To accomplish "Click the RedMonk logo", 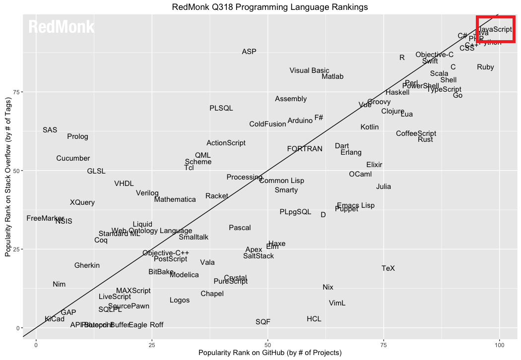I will (x=61, y=27).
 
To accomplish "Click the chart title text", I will (x=270, y=7).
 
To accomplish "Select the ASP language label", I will (x=249, y=52).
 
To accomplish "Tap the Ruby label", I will (x=485, y=67).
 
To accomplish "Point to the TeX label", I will (x=388, y=268).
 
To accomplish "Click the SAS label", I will (x=50, y=130).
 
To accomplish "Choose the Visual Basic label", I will (x=309, y=70).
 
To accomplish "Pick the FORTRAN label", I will (x=305, y=149).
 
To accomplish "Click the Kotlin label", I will (x=370, y=127).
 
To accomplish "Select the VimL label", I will (x=337, y=303).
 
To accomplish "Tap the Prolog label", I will (x=77, y=136).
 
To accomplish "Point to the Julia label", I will (x=383, y=186).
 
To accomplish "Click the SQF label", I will (x=263, y=322).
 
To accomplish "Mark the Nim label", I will (x=59, y=284).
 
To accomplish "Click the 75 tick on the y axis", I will (x=15, y=92).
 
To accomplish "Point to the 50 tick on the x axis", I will (x=268, y=344).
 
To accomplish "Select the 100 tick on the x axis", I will (x=499, y=344).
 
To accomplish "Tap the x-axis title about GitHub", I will (x=270, y=353).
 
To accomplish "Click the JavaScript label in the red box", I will (x=495, y=29).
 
